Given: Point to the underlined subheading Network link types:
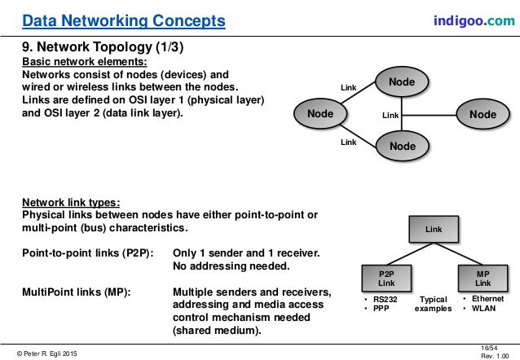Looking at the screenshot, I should [x=70, y=201].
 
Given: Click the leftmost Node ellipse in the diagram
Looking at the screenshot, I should [x=320, y=115].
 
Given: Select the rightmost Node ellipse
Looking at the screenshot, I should [x=483, y=115].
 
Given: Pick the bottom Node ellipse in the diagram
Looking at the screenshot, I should [x=402, y=146].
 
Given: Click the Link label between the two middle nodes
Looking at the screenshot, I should [x=390, y=116].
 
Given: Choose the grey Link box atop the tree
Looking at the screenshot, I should [x=434, y=230].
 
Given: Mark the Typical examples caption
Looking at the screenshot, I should [x=434, y=305].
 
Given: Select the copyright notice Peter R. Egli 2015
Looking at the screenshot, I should [x=46, y=352].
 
